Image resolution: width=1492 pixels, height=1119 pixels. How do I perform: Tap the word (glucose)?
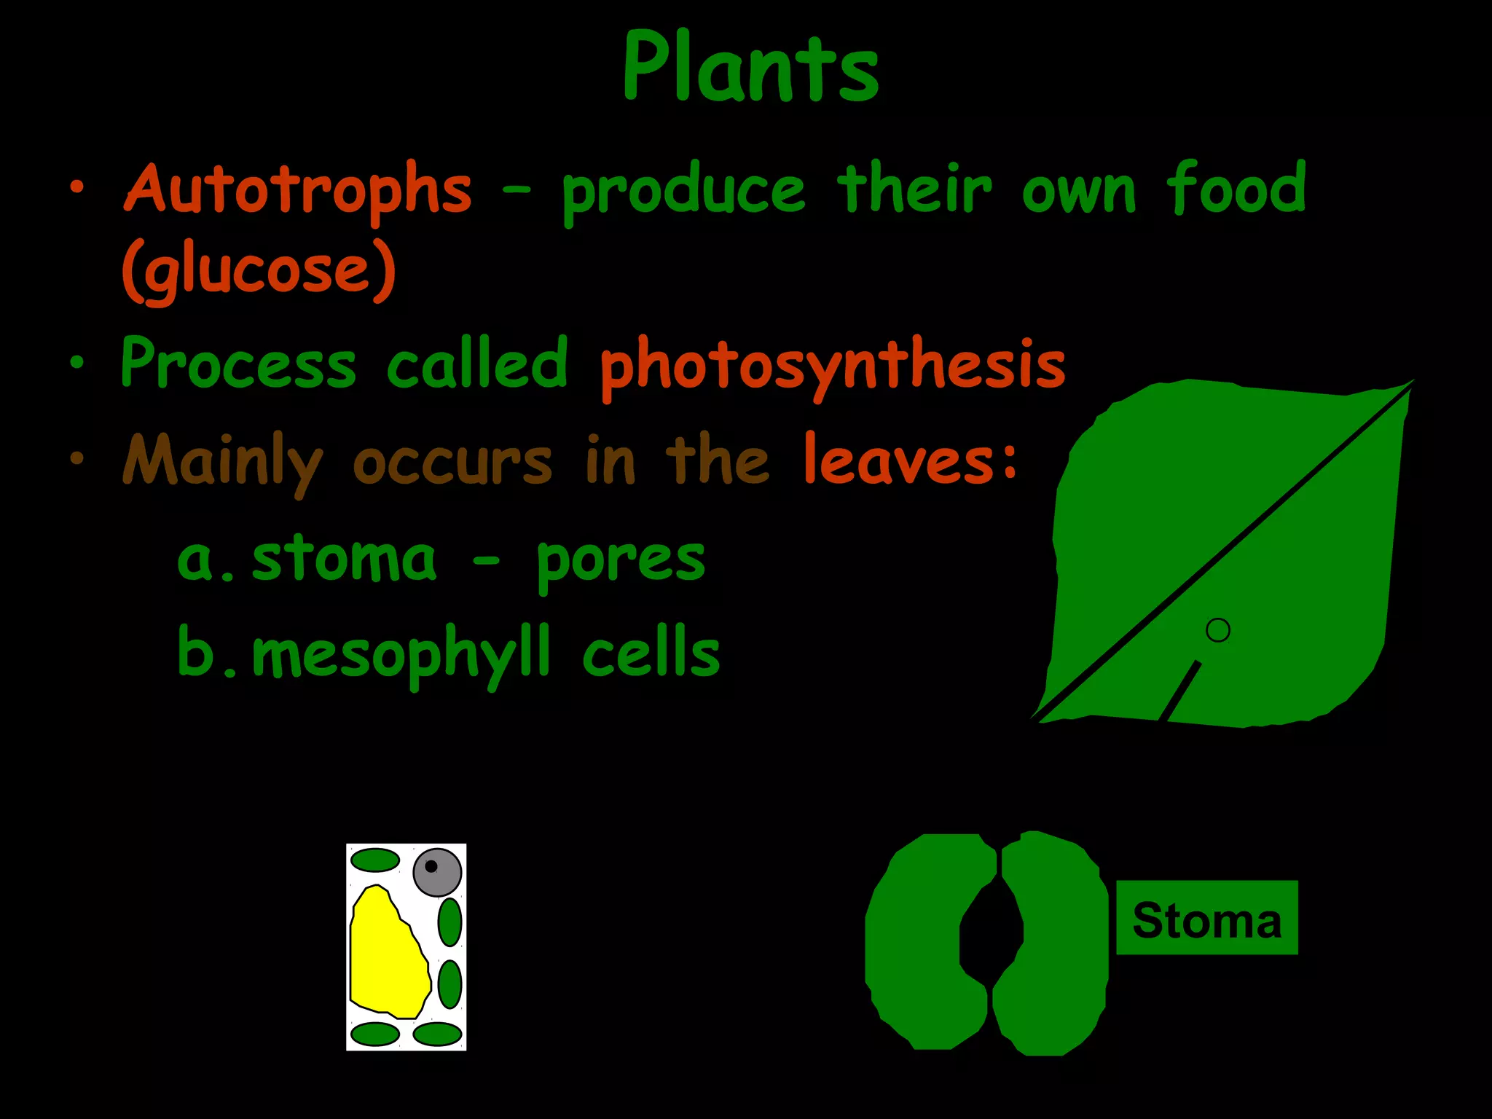259,271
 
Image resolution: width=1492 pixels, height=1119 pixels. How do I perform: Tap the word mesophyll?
401,654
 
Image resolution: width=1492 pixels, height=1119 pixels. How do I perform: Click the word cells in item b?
651,653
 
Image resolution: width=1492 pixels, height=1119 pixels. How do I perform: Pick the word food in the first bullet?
1236,189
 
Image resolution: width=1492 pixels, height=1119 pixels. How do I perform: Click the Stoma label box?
1206,918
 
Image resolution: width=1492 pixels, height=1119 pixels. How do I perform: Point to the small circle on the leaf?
1217,630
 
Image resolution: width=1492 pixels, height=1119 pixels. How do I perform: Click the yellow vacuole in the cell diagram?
386,954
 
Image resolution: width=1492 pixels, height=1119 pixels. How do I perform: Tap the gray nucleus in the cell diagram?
437,871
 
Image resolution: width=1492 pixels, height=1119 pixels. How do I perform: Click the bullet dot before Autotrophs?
77,189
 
